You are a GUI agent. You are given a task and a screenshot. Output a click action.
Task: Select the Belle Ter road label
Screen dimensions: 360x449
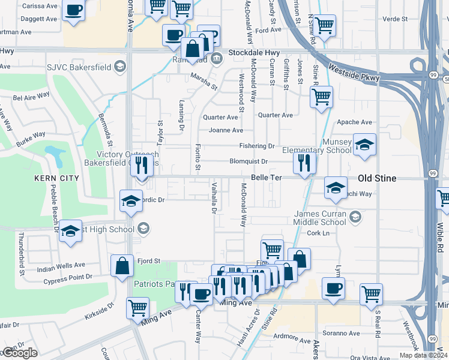(266, 178)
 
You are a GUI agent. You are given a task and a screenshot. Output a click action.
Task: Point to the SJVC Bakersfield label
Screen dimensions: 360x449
(77, 65)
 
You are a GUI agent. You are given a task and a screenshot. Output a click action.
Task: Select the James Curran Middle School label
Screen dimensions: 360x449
(321, 218)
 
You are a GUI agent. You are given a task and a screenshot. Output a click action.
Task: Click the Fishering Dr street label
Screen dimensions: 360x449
(256, 146)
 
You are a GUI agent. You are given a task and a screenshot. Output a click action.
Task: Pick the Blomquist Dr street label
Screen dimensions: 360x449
(248, 161)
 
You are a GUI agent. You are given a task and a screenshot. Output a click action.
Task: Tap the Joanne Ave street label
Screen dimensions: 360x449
(226, 130)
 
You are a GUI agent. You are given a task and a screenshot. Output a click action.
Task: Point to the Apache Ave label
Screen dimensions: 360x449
(355, 122)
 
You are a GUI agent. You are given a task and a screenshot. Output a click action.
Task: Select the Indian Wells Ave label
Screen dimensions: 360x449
(61, 265)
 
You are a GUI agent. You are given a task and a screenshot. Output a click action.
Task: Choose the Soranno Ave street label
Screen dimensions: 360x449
(341, 333)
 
